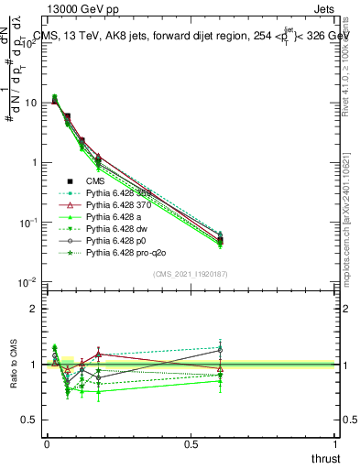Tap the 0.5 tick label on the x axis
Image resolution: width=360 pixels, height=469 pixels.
191,444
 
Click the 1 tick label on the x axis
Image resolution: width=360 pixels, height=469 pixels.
336,444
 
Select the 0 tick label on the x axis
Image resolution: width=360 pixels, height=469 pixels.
46,444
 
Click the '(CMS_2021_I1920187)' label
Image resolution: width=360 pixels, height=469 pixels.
191,274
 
